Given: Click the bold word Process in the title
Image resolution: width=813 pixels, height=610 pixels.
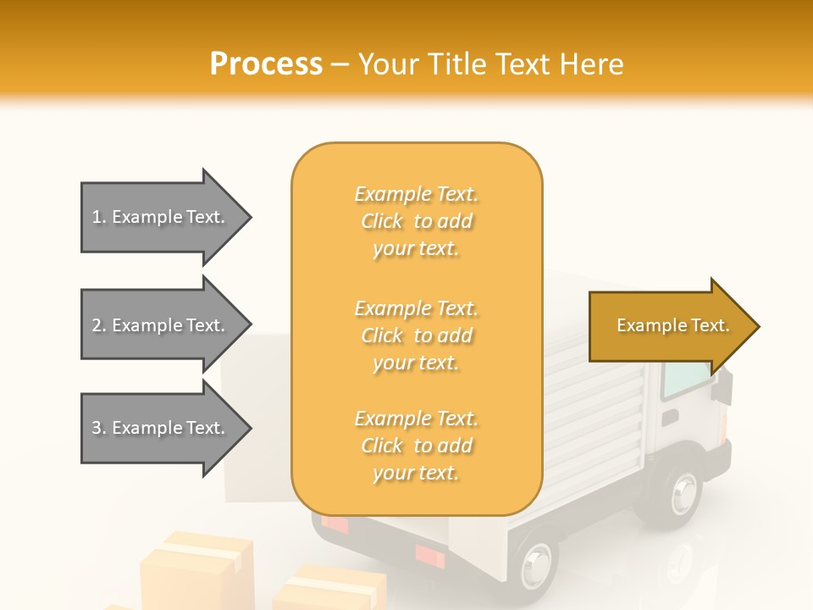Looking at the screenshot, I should (x=266, y=64).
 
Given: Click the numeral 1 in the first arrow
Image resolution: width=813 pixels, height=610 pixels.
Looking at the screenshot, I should (x=97, y=217).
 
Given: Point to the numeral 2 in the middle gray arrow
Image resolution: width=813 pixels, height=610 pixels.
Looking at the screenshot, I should (x=97, y=325).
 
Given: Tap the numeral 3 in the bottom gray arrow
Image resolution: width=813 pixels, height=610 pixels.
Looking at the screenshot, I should (x=97, y=428).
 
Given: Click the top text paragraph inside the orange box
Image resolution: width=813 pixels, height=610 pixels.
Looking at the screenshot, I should (x=416, y=221).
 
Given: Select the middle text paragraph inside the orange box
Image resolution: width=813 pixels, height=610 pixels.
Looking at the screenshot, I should (x=416, y=335).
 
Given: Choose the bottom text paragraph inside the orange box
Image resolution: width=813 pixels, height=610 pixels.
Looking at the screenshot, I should (x=416, y=446).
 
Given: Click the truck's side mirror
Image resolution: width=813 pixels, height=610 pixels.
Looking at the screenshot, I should (x=722, y=390).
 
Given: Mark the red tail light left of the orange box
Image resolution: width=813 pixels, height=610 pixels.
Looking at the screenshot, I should (x=335, y=524).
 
